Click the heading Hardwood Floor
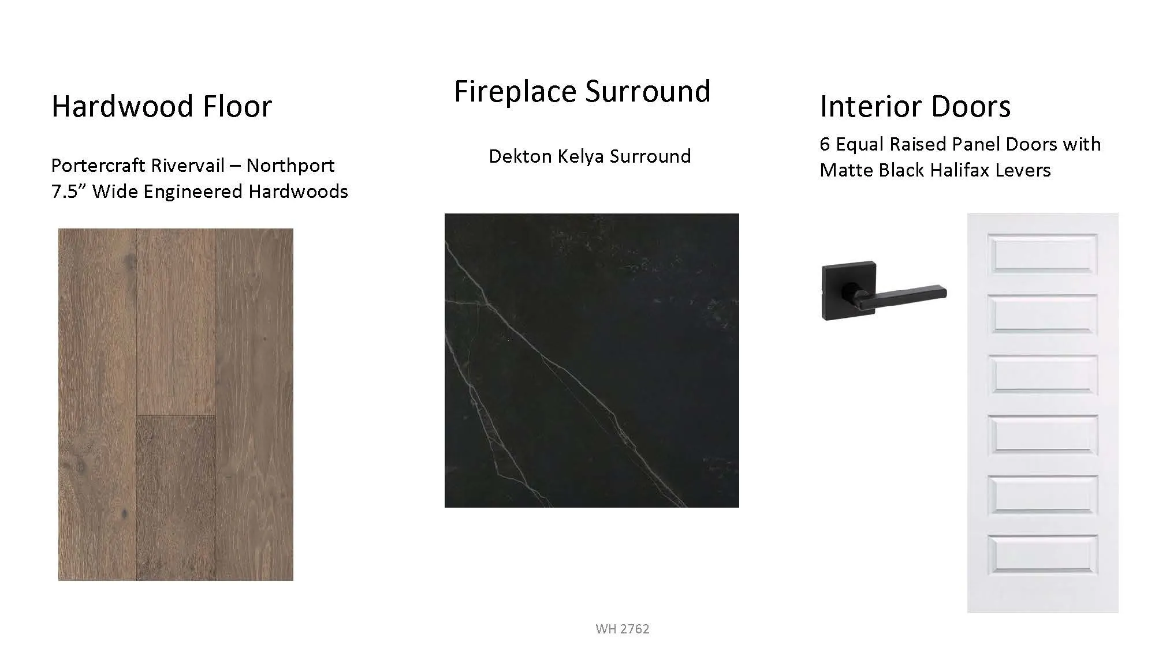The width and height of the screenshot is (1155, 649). (x=162, y=106)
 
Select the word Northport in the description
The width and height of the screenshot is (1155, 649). (x=290, y=166)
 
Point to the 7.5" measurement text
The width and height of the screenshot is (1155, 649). (x=69, y=191)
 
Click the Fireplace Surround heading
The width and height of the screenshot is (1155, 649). (x=582, y=91)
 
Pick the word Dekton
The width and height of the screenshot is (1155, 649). (x=520, y=156)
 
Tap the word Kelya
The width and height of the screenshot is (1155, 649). (x=581, y=156)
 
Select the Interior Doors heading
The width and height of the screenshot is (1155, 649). (x=915, y=106)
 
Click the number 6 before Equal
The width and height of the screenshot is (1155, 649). (x=825, y=144)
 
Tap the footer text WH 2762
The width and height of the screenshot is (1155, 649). (x=623, y=629)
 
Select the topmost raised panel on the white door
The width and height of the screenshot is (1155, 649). (x=1042, y=253)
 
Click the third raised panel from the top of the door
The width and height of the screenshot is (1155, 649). (x=1042, y=374)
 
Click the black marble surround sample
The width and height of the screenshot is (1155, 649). (x=592, y=361)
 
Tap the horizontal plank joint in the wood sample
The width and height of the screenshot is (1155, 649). (x=176, y=415)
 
